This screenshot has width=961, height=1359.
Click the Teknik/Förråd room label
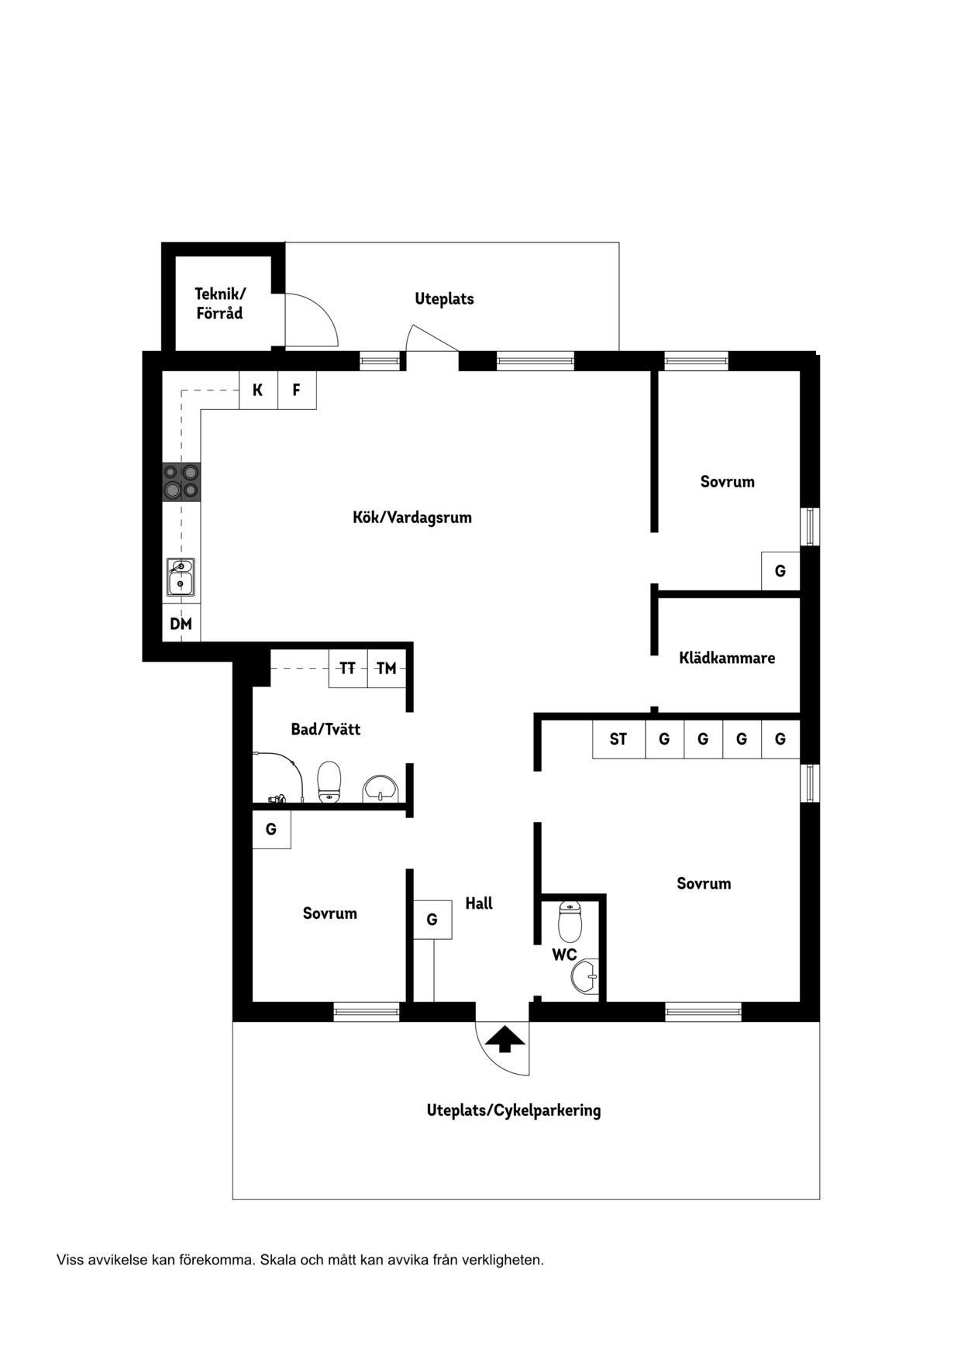219,304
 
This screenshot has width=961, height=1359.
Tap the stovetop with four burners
181,481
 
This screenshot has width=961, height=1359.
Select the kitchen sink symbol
181,576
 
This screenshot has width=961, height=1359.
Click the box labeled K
258,390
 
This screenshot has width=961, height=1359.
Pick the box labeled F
297,390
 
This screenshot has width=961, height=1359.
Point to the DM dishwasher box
181,623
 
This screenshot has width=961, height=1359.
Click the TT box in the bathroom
348,668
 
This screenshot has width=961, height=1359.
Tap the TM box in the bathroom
387,668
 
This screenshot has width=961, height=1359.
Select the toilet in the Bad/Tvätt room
330,782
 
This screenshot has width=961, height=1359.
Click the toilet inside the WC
570,921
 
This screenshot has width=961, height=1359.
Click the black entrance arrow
505,1038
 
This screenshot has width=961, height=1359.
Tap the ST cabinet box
618,739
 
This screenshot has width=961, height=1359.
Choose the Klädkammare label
727,658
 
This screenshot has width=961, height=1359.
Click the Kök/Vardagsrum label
412,518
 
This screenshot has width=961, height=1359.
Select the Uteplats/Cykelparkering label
514,1110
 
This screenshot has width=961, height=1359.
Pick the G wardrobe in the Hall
432,920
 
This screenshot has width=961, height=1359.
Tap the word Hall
479,903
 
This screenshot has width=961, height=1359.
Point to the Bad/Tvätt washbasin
381,788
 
